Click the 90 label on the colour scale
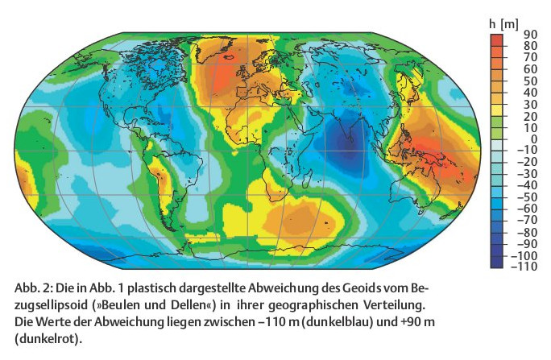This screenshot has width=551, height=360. point(529,34)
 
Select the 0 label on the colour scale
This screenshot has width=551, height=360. point(532,139)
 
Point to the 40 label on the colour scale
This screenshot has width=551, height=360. point(529,92)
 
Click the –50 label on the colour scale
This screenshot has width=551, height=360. point(527,197)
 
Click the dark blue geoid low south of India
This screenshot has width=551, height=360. point(348,144)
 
